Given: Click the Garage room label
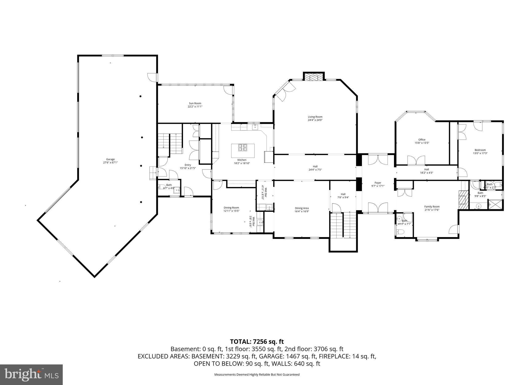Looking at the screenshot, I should (110, 159).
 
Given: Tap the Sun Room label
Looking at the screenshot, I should (195, 103).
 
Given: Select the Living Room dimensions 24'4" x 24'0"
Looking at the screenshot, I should (315, 120).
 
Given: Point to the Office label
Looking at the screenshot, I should (422, 140).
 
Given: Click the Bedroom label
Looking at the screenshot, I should (480, 150).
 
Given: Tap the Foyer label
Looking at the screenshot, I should (378, 183).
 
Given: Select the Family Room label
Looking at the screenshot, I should (432, 207).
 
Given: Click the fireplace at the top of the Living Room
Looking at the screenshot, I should (313, 77).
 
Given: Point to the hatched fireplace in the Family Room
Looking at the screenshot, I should (464, 200).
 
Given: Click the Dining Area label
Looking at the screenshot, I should (302, 208).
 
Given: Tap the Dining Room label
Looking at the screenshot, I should (231, 208).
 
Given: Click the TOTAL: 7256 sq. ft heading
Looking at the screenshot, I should (257, 341).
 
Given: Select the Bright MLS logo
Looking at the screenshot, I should (31, 374).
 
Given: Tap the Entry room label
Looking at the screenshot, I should (188, 165).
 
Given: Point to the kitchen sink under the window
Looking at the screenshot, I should (255, 127).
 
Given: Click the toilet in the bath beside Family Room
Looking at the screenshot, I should (400, 232).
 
